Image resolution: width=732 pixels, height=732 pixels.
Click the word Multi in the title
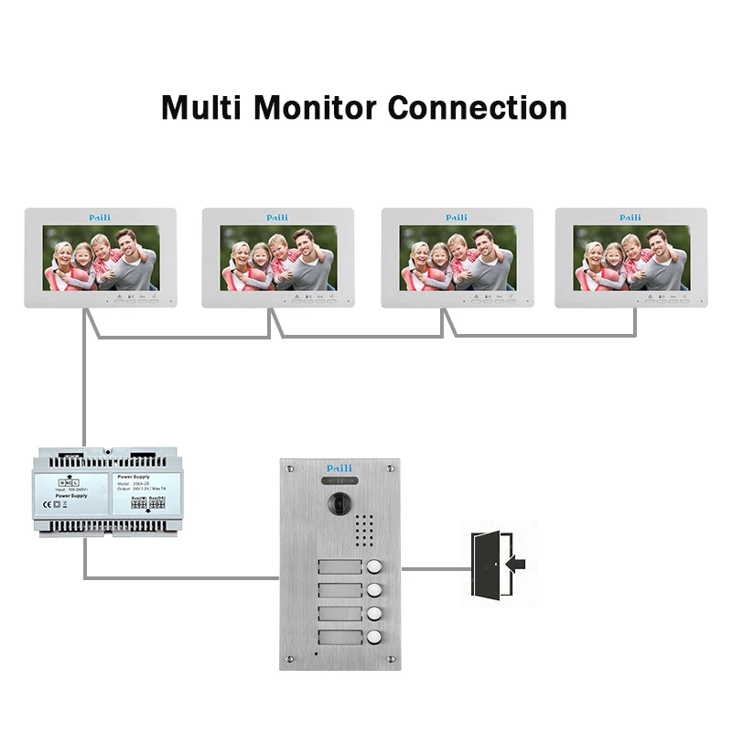(201, 107)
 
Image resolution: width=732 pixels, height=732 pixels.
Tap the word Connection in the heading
(478, 107)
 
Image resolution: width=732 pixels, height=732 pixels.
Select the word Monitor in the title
(317, 107)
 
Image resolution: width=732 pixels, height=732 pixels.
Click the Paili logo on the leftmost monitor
(99, 218)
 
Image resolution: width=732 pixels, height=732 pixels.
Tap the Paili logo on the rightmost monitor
(630, 218)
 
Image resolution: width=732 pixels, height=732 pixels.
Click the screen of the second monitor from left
(279, 259)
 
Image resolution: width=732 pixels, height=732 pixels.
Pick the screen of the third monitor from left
(458, 259)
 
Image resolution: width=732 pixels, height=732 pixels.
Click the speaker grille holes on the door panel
(366, 529)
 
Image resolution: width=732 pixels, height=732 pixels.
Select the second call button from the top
(373, 590)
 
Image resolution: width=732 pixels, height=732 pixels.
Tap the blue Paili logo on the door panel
(339, 468)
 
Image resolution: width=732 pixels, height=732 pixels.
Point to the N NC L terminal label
(69, 481)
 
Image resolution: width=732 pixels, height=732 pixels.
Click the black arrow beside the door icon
(515, 565)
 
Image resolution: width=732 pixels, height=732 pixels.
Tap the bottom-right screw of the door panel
(391, 657)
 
